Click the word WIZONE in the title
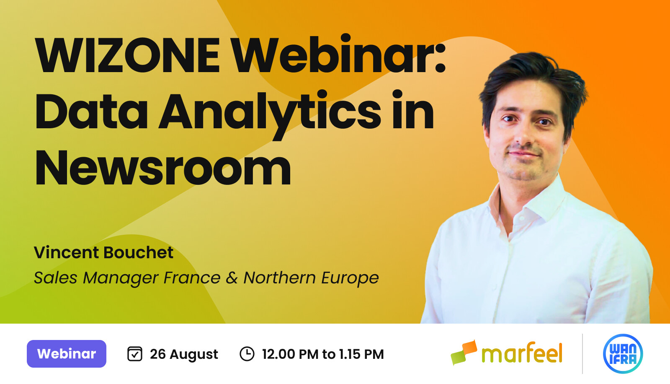[x=128, y=55]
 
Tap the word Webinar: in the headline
[x=339, y=55]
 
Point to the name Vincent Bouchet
[x=103, y=253]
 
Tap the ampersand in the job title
[x=232, y=278]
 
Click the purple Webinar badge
[x=67, y=354]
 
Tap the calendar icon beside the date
[x=135, y=354]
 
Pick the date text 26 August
[x=184, y=354]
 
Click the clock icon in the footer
[x=247, y=354]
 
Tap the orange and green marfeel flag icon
[x=464, y=352]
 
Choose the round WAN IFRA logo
[x=623, y=354]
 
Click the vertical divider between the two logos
[x=582, y=354]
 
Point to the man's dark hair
[x=532, y=71]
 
